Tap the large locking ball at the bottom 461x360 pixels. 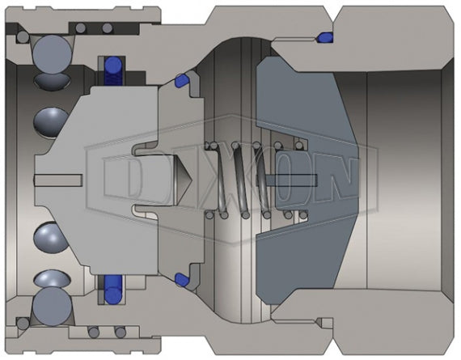pyautogui.click(x=53, y=309)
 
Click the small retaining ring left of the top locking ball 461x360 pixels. pyautogui.click(x=21, y=37)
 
